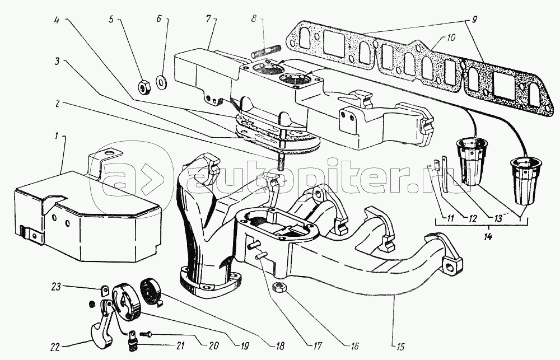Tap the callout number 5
pos(111,19)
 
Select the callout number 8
pos(254,18)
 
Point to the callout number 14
pos(488,236)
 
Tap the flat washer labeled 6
pos(161,81)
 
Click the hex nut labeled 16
pos(278,287)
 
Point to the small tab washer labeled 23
pos(105,291)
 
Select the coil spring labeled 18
pos(151,291)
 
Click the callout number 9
pos(474,19)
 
